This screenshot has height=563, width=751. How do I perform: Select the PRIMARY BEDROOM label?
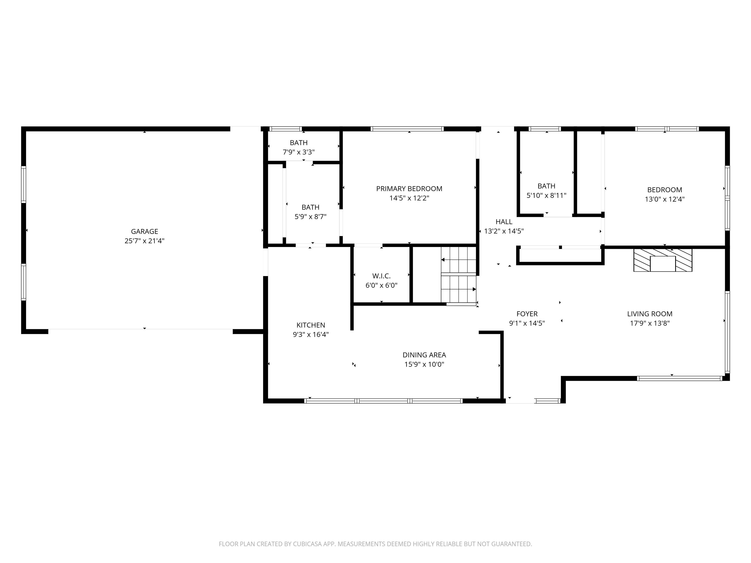pos(409,189)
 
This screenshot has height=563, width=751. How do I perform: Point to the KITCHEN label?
pos(311,325)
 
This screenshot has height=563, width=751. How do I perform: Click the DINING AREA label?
pos(424,355)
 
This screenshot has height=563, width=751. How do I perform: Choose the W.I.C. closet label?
pos(381,276)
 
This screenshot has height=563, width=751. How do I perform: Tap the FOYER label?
pos(527,314)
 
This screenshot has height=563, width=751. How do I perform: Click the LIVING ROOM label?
pos(650,314)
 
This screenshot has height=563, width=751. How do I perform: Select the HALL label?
pos(504,222)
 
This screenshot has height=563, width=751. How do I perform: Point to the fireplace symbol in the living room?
pos(663,260)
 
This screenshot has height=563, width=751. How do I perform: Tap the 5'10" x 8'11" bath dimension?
pos(546,195)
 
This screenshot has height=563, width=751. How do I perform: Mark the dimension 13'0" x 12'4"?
pos(664,199)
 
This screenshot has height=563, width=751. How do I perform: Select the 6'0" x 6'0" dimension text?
pos(381,285)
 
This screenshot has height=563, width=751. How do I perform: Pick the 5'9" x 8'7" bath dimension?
pos(310,217)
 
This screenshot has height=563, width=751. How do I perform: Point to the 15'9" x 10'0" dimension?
pos(424,365)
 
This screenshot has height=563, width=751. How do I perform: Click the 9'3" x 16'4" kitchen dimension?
pos(311,335)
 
